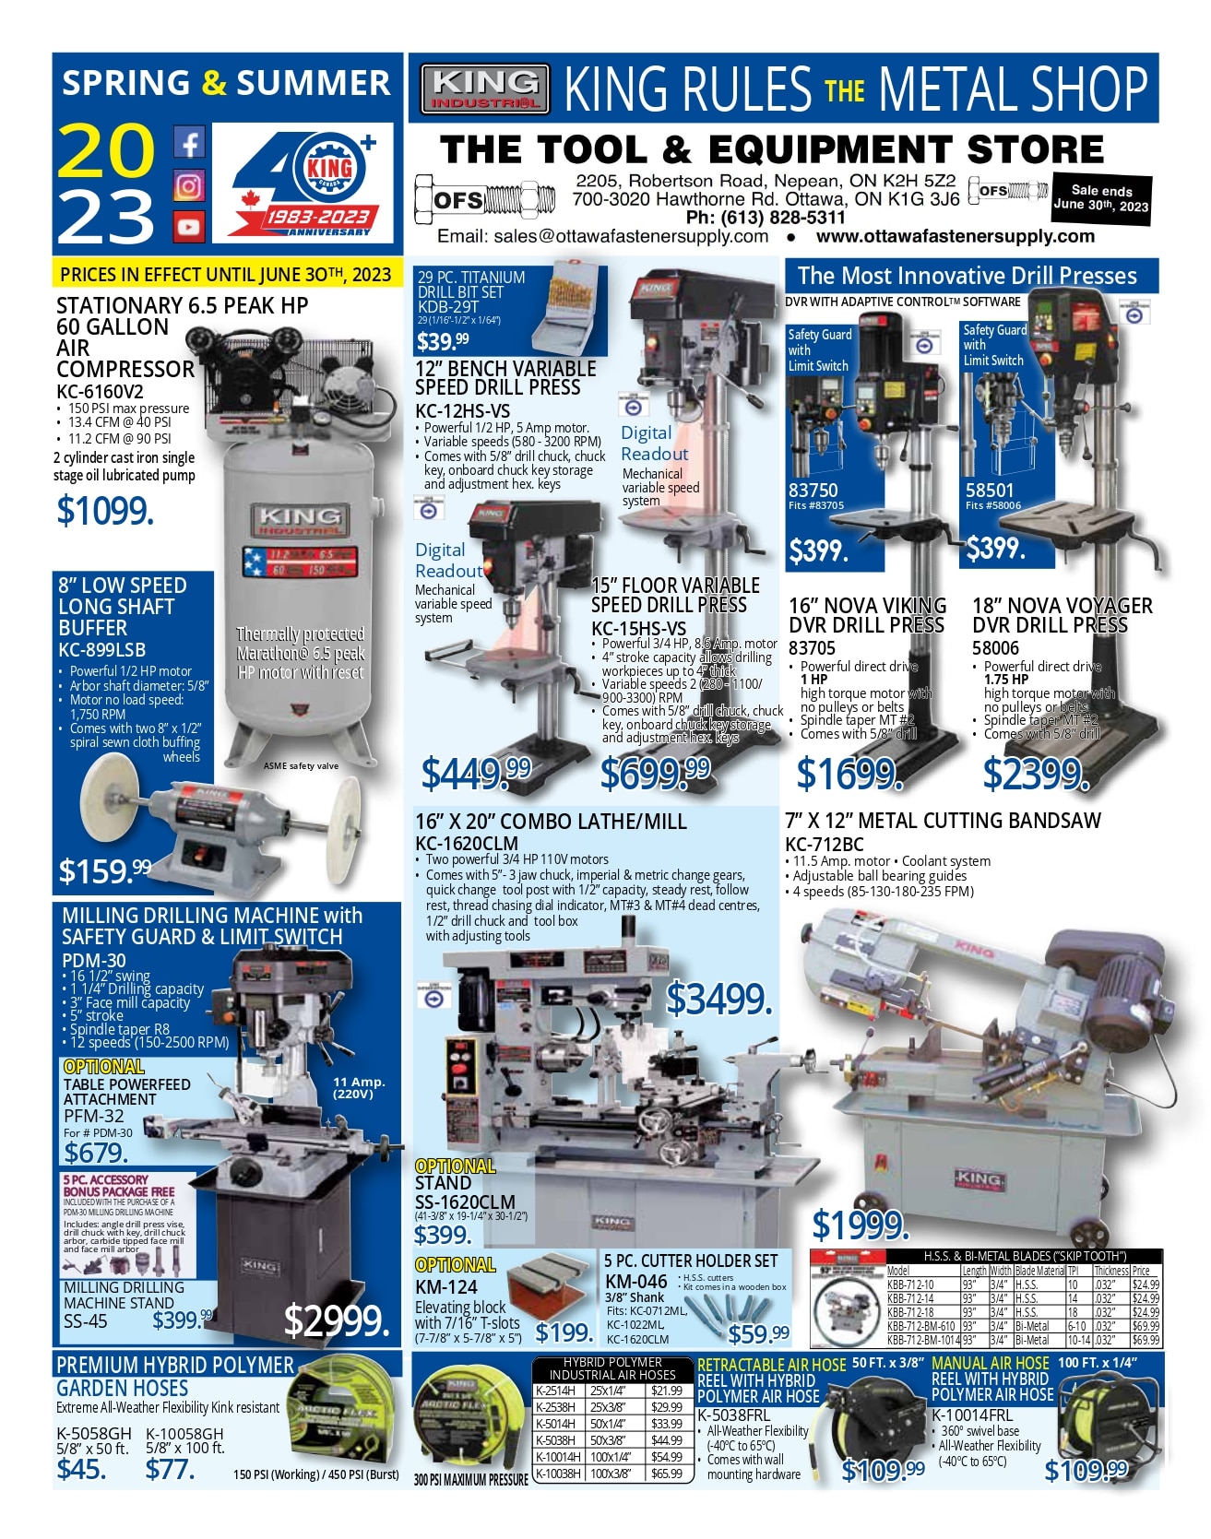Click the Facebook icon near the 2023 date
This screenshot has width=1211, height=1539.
point(188,143)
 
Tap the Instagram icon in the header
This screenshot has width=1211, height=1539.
point(188,185)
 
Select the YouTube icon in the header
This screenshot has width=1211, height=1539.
point(188,226)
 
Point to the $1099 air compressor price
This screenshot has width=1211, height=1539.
point(105,511)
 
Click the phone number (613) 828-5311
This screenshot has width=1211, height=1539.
point(766,218)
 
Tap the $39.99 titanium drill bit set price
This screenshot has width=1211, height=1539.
point(443,342)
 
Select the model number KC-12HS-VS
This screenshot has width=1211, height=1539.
point(462,411)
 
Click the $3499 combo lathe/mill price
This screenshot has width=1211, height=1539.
point(718,999)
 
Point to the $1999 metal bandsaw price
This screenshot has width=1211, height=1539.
point(861,1225)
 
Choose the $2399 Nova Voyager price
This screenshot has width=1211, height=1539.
point(1036,774)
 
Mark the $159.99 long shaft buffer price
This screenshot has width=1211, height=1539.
point(104,870)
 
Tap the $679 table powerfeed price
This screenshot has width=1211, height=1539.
point(96,1153)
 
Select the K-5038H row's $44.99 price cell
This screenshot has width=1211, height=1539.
point(666,1440)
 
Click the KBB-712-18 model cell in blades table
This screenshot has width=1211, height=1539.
point(910,1312)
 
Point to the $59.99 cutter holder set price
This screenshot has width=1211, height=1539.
point(758,1333)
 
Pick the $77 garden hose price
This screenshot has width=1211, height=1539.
point(170,1469)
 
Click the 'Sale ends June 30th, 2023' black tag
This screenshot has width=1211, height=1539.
point(1101,197)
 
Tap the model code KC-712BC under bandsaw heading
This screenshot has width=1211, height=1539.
point(825,844)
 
